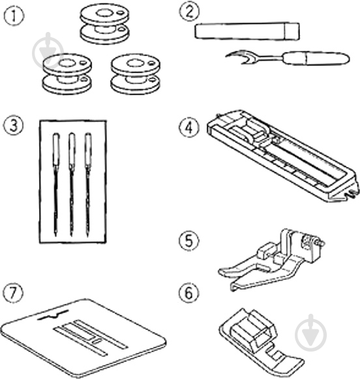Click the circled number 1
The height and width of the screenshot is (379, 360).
pyautogui.click(x=14, y=15)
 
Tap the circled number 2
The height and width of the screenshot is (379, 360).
pyautogui.click(x=189, y=12)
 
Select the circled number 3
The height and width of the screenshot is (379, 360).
pyautogui.click(x=14, y=126)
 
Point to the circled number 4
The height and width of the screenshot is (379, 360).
pyautogui.click(x=189, y=127)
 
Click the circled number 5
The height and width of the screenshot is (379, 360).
pyautogui.click(x=188, y=241)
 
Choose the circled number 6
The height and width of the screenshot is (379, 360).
pyautogui.click(x=188, y=293)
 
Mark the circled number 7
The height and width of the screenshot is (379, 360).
pyautogui.click(x=13, y=292)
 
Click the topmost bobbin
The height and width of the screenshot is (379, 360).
pyautogui.click(x=104, y=25)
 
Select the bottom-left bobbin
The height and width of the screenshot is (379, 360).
pyautogui.click(x=67, y=74)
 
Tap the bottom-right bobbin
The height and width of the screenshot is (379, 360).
pyautogui.click(x=136, y=74)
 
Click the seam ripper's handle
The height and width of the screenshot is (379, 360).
pyautogui.click(x=316, y=58)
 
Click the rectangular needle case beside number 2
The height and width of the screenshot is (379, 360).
pyautogui.click(x=247, y=31)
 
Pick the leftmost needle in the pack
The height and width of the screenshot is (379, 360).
pyautogui.click(x=56, y=185)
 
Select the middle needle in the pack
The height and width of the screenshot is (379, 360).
pyautogui.click(x=72, y=185)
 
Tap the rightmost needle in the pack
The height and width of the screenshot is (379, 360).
pyautogui.click(x=87, y=185)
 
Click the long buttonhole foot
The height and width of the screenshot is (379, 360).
pyautogui.click(x=282, y=156)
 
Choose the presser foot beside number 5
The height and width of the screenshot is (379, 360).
pyautogui.click(x=272, y=260)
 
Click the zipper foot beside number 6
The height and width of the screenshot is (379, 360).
pyautogui.click(x=261, y=342)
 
